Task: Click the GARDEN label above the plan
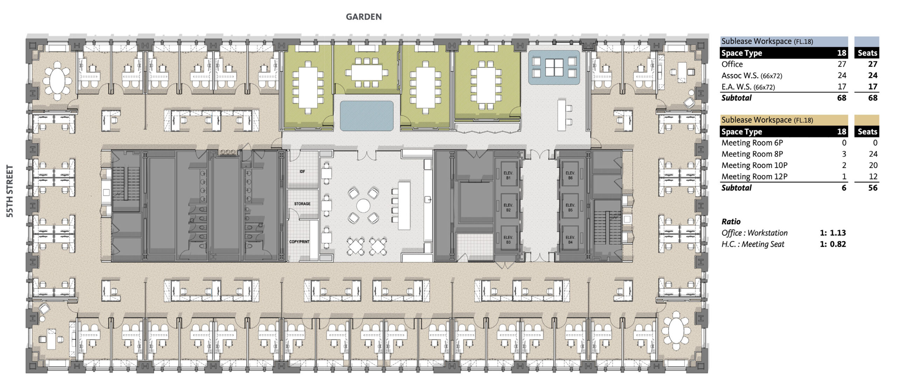364,17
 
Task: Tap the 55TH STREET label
10,191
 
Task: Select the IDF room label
302,172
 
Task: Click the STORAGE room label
302,204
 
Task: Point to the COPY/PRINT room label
299,242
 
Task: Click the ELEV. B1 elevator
508,176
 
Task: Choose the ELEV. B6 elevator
570,176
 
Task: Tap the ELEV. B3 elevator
508,240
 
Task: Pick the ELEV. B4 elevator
570,240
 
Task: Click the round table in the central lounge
363,206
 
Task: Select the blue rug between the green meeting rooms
367,116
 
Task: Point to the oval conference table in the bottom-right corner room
677,330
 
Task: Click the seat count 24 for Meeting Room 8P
873,154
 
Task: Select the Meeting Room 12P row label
754,177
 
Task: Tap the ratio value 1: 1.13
833,233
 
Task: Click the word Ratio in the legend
731,221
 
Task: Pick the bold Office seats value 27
873,64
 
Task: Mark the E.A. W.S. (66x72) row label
748,87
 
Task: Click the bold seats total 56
873,188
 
